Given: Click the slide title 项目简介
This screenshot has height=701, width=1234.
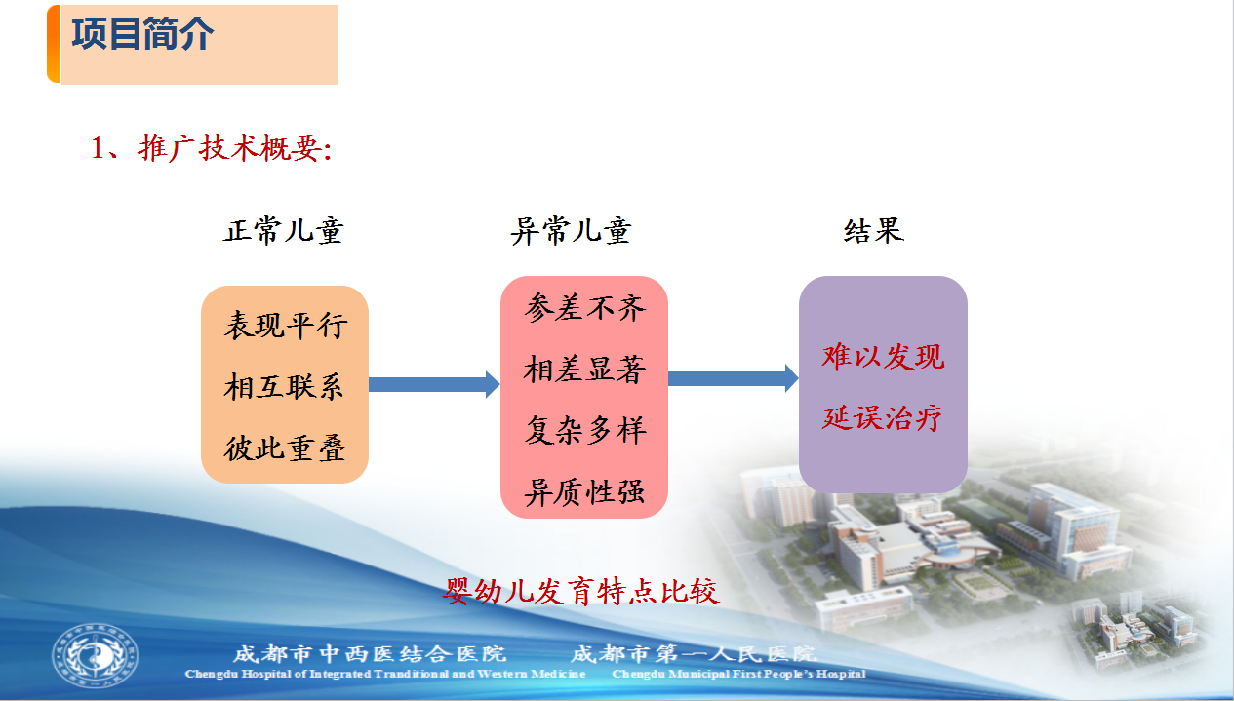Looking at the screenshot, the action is pyautogui.click(x=142, y=34).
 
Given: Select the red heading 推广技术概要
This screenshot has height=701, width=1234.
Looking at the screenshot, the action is pyautogui.click(x=235, y=148).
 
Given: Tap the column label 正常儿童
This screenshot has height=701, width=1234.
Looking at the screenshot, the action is pyautogui.click(x=284, y=230).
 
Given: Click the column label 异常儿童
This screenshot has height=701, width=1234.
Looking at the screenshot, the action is pyautogui.click(x=571, y=230).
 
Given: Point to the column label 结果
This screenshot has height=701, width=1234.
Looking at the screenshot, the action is pyautogui.click(x=874, y=230).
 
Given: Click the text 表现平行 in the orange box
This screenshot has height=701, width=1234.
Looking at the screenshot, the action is pyautogui.click(x=286, y=325).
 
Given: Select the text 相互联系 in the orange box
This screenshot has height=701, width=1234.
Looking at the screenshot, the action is pyautogui.click(x=284, y=386).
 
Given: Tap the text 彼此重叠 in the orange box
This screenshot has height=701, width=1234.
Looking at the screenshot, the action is pyautogui.click(x=286, y=448).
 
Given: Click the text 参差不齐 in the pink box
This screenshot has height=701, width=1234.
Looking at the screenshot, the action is pyautogui.click(x=584, y=307).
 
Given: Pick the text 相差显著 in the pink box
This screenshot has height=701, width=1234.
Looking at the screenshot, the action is pyautogui.click(x=584, y=369).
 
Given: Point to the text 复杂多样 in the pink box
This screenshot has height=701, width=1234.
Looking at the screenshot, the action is pyautogui.click(x=584, y=430).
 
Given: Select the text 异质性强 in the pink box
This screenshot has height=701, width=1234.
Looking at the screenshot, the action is pyautogui.click(x=584, y=491).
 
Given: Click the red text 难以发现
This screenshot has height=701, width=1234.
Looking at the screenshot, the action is pyautogui.click(x=883, y=356).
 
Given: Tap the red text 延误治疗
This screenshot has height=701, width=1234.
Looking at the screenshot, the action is pyautogui.click(x=882, y=418).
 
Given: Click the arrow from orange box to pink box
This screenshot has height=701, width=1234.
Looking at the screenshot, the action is pyautogui.click(x=434, y=384).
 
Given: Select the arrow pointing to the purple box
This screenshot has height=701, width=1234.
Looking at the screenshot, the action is pyautogui.click(x=734, y=378).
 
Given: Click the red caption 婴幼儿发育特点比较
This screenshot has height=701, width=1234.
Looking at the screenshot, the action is pyautogui.click(x=581, y=592).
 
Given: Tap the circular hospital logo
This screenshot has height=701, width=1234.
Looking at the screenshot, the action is pyautogui.click(x=96, y=656).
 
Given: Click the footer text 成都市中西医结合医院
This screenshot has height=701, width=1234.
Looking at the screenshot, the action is pyautogui.click(x=370, y=654).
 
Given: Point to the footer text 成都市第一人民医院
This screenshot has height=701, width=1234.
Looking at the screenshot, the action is pyautogui.click(x=694, y=654).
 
